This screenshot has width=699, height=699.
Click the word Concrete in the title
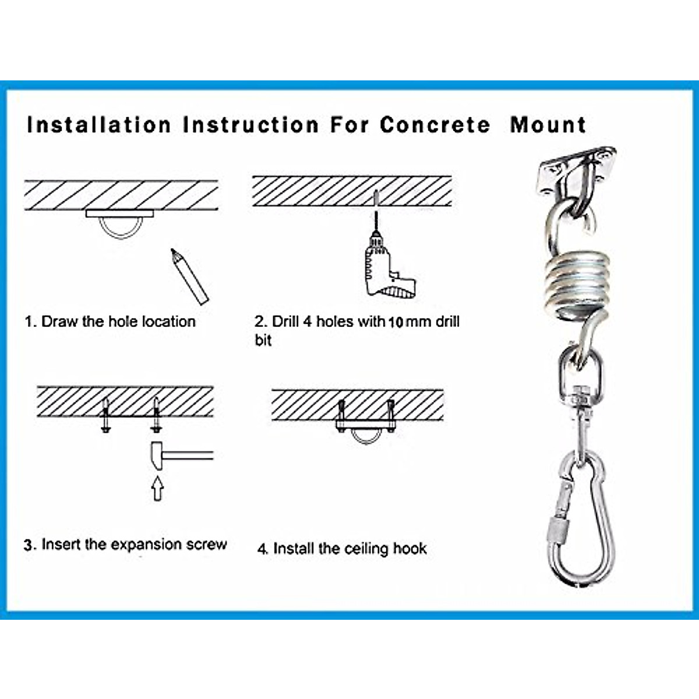coord(435,125)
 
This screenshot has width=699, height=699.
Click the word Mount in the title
coord(548,125)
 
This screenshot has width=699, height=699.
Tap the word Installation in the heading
coord(99,125)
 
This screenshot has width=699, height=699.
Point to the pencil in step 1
coord(189,277)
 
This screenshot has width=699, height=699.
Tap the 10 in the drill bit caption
coord(396,322)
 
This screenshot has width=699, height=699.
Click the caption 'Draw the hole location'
coord(118,322)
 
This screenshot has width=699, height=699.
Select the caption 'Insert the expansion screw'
coord(133,545)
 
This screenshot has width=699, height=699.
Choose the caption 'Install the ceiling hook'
coord(349,549)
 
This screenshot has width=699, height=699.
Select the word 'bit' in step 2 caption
coord(263,340)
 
